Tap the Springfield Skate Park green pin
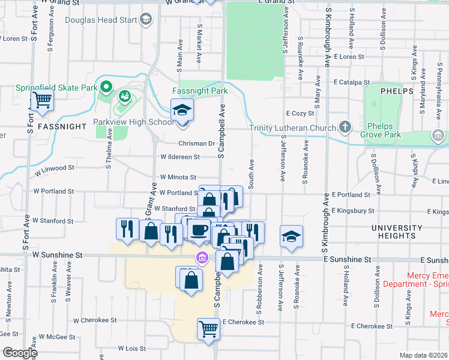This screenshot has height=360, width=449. [106, 88]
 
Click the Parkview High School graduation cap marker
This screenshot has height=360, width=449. [182, 110]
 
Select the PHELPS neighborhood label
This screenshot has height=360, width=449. [397, 91]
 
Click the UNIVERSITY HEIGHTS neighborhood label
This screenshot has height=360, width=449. [396, 233]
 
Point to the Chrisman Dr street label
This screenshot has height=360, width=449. [196, 143]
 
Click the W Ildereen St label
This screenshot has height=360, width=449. [179, 157]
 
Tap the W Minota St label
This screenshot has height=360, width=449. [178, 178]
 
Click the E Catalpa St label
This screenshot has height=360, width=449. [352, 80]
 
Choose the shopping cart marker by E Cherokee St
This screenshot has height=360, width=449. [208, 328]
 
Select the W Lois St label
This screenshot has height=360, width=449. [132, 348]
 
